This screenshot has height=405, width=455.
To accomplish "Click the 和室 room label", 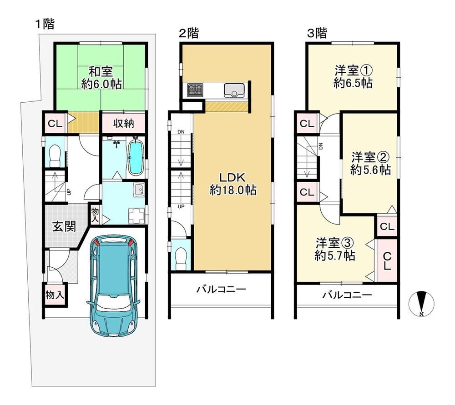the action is tap(101, 71).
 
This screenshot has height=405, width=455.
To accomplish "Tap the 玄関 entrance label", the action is tap(64, 226).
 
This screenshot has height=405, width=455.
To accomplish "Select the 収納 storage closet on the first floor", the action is tap(123, 123).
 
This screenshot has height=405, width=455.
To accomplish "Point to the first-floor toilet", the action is tap(55, 155).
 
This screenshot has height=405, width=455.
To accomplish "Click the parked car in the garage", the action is tap(113, 285).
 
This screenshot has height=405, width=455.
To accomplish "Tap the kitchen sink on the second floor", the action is tap(235, 90).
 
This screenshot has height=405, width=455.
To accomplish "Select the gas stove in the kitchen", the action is tap(195, 90).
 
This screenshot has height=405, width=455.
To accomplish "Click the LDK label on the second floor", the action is tap(233, 177).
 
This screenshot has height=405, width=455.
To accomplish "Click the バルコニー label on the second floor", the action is tap(221, 289).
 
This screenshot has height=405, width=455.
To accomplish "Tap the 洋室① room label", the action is tap(354, 70).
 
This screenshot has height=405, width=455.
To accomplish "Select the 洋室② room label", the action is tap(370, 158).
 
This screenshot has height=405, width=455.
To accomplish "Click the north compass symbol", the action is tap(421, 304).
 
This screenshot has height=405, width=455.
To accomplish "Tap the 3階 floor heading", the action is tap(317, 33).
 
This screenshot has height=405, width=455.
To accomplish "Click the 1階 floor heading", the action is tap(45, 24).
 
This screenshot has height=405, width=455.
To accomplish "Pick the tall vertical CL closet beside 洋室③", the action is tap(387, 260).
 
